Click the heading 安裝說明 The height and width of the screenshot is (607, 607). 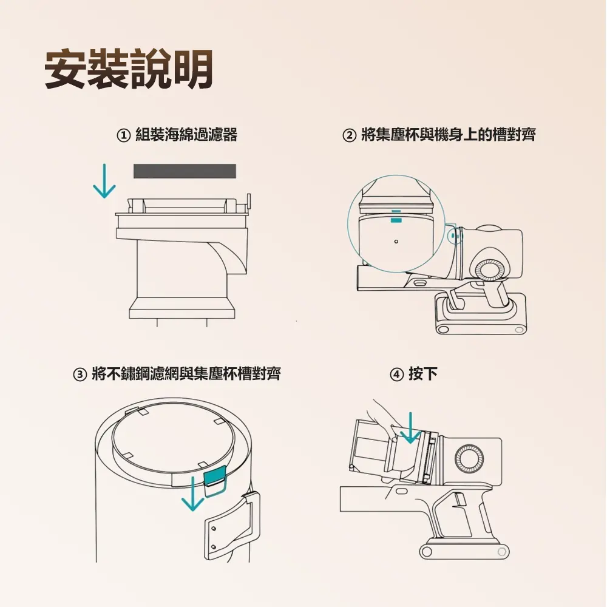(129, 70)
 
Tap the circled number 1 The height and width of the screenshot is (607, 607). (123, 135)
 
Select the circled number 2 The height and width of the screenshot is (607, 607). (349, 135)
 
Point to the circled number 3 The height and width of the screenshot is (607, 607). (80, 375)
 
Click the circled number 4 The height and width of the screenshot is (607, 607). (396, 375)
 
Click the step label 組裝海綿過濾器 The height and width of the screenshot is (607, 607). (186, 135)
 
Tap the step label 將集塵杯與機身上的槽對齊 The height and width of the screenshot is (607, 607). (449, 135)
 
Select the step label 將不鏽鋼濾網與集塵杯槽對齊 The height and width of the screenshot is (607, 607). (186, 375)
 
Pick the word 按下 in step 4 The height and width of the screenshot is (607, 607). (423, 375)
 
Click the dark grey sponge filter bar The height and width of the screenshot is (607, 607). (185, 171)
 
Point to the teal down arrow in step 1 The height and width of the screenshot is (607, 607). (104, 181)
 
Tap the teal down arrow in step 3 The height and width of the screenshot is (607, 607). (192, 493)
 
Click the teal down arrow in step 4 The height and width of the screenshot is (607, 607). (410, 428)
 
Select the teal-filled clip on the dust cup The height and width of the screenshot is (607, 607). (215, 479)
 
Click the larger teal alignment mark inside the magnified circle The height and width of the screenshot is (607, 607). (396, 220)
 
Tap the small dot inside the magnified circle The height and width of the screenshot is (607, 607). (396, 242)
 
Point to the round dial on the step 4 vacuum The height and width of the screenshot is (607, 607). (469, 459)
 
